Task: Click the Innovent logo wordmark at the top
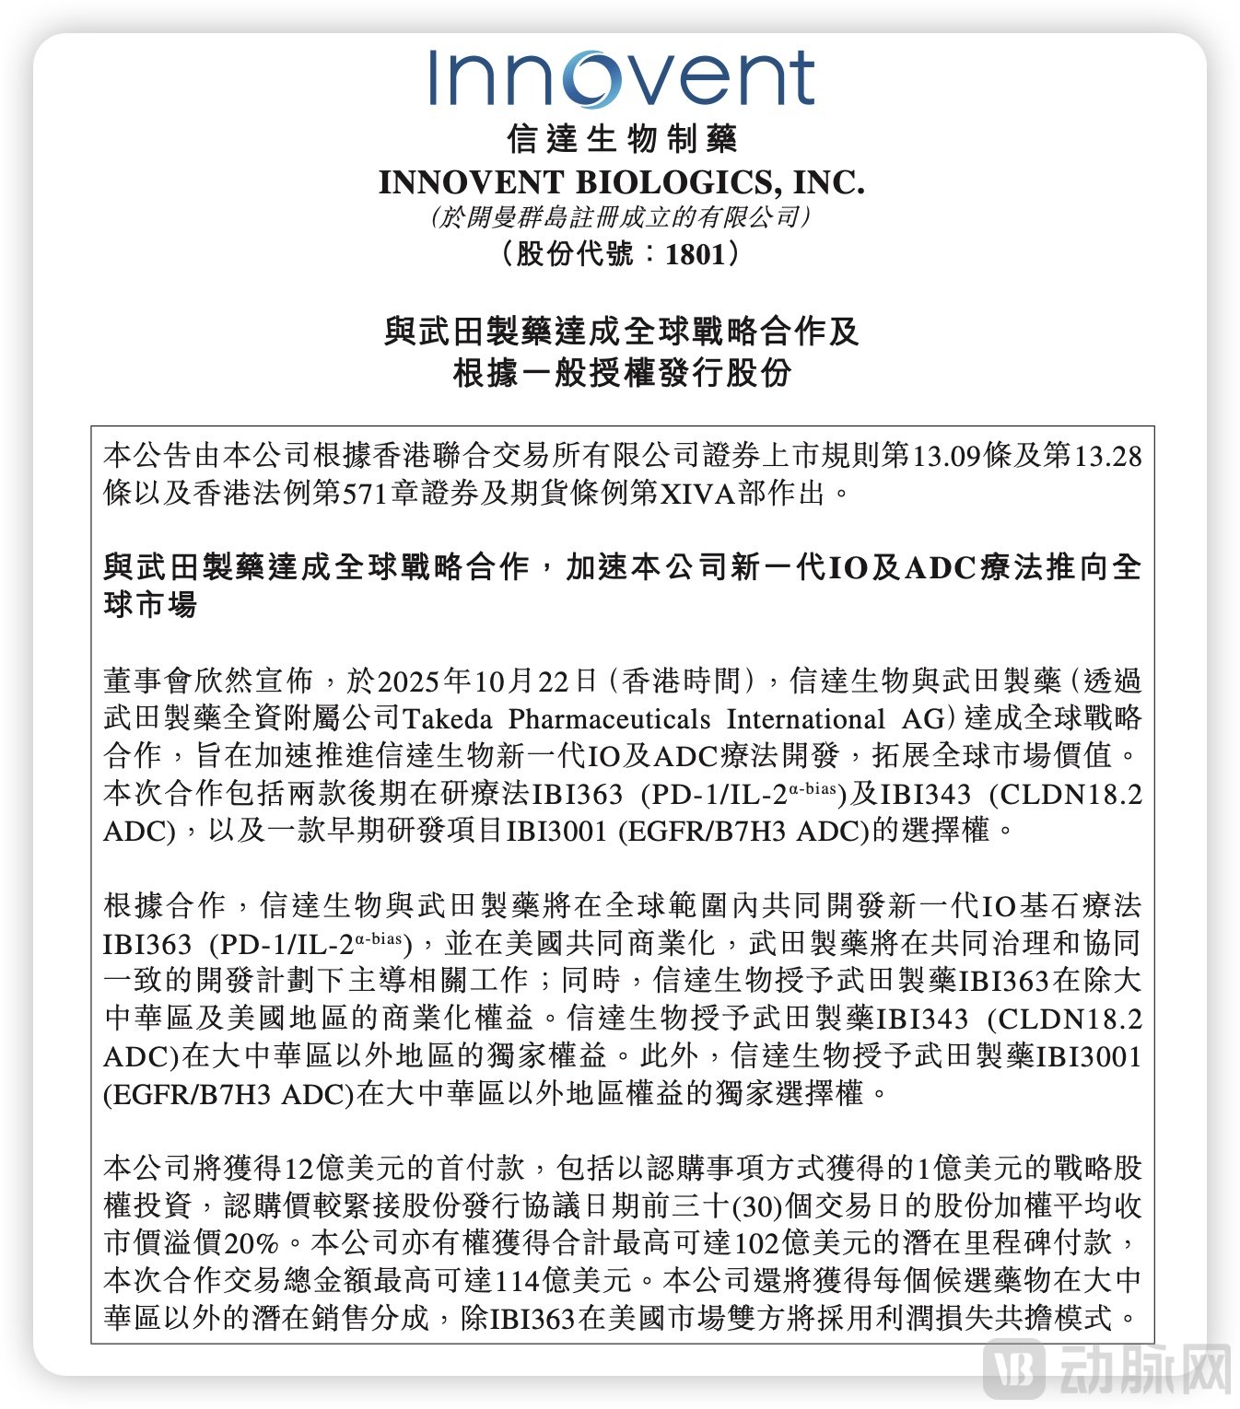(x=621, y=77)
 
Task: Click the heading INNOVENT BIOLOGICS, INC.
(x=622, y=182)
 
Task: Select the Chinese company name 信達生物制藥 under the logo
(x=622, y=139)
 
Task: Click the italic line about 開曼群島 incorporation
(x=620, y=217)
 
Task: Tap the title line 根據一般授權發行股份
(x=622, y=373)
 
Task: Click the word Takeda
(x=448, y=719)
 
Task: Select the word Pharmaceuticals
(x=609, y=719)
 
